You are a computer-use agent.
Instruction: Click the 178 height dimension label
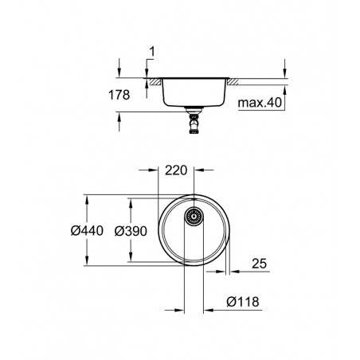point(119,95)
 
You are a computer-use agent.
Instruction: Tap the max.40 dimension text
point(260,103)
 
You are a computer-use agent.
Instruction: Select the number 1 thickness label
point(152,52)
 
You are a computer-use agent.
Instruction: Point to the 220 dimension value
point(176,170)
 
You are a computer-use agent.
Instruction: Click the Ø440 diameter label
point(87,231)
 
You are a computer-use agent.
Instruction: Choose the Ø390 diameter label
point(131,231)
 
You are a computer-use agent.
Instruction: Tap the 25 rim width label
point(259,264)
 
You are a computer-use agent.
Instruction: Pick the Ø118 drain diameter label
point(243,302)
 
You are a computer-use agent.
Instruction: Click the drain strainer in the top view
point(194,217)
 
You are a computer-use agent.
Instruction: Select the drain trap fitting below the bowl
point(194,120)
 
